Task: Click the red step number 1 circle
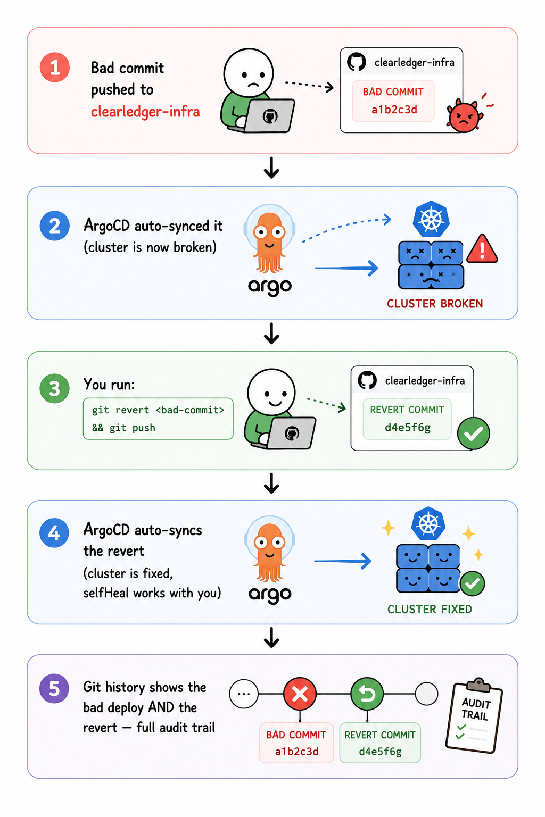pyautogui.click(x=55, y=68)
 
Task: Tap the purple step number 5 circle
pyautogui.click(x=54, y=688)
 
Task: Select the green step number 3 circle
pyautogui.click(x=54, y=388)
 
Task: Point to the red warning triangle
pyautogui.click(x=482, y=249)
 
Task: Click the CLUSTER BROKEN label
pyautogui.click(x=435, y=304)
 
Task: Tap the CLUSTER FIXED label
pyautogui.click(x=430, y=609)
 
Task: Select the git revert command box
pyautogui.click(x=158, y=419)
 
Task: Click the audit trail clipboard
pyautogui.click(x=474, y=715)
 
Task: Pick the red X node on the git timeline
pyautogui.click(x=300, y=694)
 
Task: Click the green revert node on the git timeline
pyautogui.click(x=367, y=694)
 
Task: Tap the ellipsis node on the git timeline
pyautogui.click(x=243, y=694)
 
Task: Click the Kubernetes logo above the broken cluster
pyautogui.click(x=431, y=219)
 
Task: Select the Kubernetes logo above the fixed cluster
pyautogui.click(x=428, y=524)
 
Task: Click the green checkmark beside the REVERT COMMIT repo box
pyautogui.click(x=474, y=433)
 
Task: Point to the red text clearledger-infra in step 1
pyautogui.click(x=145, y=112)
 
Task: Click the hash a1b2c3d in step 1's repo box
pyautogui.click(x=394, y=110)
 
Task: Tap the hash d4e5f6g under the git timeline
pyautogui.click(x=380, y=752)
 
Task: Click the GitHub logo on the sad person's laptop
pyautogui.click(x=270, y=116)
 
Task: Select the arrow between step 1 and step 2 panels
pyautogui.click(x=271, y=168)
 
